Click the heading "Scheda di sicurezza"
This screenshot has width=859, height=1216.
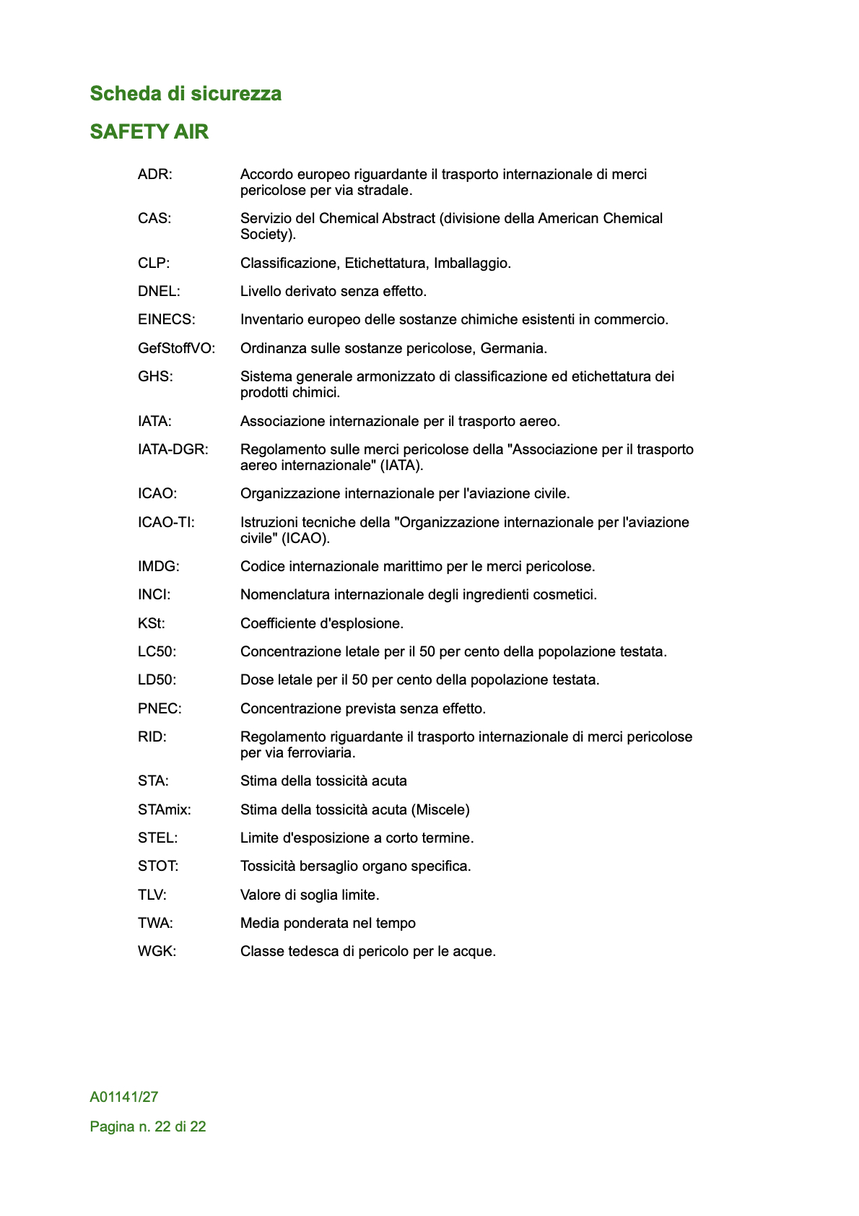pos(186,94)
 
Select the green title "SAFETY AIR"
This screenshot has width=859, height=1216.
pos(149,132)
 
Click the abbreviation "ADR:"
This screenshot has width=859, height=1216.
pos(155,174)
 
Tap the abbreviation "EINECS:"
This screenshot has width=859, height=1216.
pos(167,319)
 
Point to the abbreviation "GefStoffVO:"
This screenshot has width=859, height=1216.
pos(177,348)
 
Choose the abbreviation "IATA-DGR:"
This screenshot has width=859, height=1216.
pos(173,449)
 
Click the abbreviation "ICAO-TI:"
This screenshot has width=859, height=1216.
pos(166,522)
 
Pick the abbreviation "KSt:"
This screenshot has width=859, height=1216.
pos(152,623)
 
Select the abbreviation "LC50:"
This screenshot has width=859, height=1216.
pos(157,651)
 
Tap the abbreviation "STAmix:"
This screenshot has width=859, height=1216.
pos(165,809)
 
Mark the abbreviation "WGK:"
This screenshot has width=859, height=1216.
pos(157,951)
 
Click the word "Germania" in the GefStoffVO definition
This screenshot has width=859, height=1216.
pos(513,348)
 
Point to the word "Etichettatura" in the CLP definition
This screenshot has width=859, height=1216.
pos(385,263)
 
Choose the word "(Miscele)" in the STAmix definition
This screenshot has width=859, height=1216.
pos(440,809)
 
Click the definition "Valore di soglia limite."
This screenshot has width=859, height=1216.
pos(310,895)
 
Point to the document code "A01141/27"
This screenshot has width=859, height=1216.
pos(124,1097)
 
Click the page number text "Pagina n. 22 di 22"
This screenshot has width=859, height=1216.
pos(148,1126)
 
